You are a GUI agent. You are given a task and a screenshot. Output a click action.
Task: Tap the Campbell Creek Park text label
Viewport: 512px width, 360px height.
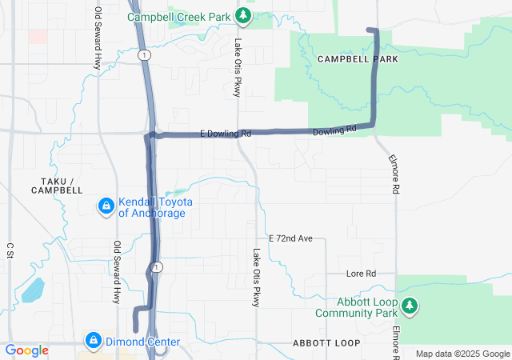(x=181, y=16)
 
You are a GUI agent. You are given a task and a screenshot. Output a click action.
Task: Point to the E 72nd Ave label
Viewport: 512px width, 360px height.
(x=296, y=238)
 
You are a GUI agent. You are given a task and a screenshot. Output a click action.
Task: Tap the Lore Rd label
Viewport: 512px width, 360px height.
(x=361, y=274)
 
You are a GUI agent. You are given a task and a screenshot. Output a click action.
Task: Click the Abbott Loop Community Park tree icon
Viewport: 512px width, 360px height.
(x=409, y=306)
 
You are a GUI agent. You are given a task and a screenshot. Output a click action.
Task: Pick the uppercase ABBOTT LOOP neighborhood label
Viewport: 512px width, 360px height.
(x=326, y=342)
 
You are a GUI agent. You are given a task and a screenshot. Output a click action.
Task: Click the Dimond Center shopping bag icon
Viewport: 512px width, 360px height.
(x=94, y=342)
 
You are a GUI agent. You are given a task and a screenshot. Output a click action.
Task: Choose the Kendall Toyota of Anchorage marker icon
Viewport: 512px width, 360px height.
(x=106, y=207)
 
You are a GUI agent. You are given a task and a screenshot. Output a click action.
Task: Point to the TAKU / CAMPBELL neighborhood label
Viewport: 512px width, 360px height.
(x=57, y=186)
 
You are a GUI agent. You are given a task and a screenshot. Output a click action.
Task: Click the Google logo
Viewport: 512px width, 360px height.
(x=26, y=350)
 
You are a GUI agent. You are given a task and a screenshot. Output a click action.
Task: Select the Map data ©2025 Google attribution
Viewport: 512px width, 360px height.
(x=462, y=354)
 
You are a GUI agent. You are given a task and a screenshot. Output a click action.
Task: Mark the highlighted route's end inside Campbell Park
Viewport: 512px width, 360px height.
(x=369, y=30)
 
